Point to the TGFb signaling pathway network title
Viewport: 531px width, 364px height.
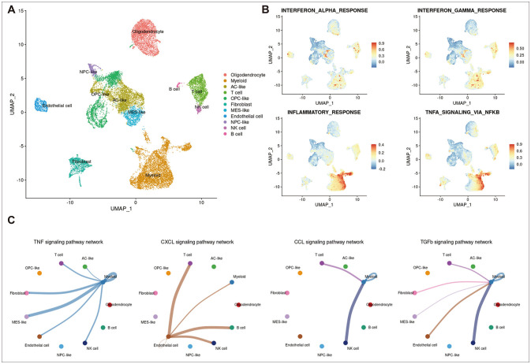[460, 241]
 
